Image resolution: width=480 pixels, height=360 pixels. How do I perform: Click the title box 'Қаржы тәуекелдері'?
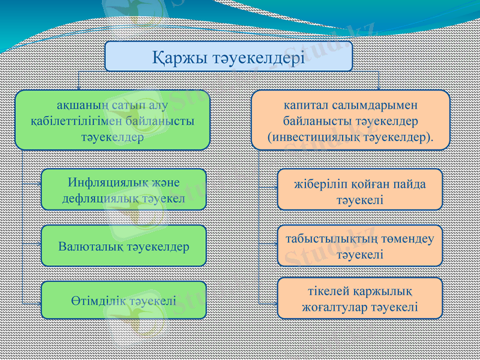(x=229, y=56)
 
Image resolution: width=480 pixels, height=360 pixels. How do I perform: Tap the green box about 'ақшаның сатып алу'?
(x=112, y=120)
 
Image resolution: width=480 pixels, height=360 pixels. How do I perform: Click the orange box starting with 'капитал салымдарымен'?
(x=350, y=120)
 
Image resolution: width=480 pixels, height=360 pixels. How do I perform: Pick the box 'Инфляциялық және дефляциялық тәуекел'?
(x=124, y=189)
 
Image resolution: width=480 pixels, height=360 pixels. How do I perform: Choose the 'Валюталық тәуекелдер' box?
(x=124, y=246)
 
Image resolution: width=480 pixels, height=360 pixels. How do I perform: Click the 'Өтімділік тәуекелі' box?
(x=124, y=300)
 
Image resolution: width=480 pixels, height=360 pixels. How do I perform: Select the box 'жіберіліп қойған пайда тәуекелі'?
(x=359, y=190)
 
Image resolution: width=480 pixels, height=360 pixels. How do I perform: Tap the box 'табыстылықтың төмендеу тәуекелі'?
(x=359, y=245)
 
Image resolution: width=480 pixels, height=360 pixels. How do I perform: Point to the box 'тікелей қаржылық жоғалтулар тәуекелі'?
(x=359, y=298)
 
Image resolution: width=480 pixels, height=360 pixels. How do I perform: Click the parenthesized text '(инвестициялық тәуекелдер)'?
(x=350, y=137)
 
